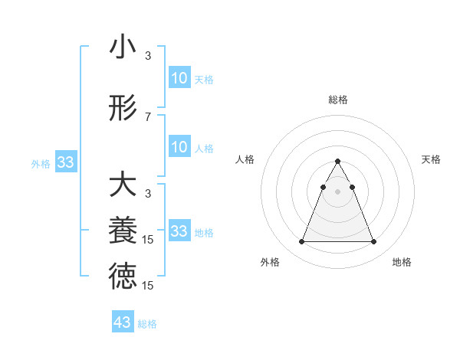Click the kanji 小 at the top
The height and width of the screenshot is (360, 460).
123,48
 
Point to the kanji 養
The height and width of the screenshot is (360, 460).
123,231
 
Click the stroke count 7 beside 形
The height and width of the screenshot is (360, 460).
148,116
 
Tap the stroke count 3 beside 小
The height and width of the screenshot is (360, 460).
148,56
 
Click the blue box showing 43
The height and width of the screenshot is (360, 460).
123,322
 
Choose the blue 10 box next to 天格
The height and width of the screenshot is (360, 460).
179,78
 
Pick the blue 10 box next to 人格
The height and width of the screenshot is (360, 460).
179,147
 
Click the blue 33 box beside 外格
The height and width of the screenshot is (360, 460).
66,162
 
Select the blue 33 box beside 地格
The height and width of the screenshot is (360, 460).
179,231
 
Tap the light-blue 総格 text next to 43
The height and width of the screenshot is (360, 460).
147,324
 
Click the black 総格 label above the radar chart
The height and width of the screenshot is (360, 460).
337,100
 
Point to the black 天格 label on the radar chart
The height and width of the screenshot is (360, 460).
431,159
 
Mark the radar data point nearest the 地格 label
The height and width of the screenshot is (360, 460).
373,242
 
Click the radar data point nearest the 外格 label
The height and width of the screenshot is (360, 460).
301,242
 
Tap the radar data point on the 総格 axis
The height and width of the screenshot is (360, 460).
337,161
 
